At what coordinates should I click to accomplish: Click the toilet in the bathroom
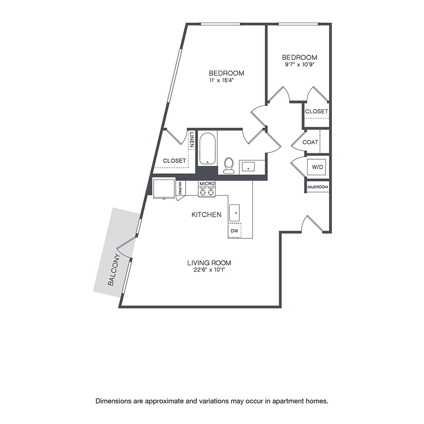pyautogui.click(x=229, y=165)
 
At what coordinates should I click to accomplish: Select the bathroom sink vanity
pyautogui.click(x=248, y=166)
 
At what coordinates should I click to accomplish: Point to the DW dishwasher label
pyautogui.click(x=235, y=231)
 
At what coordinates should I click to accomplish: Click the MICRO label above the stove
pyautogui.click(x=207, y=183)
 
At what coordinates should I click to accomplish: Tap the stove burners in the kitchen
pyautogui.click(x=207, y=191)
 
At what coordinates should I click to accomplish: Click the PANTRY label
pyautogui.click(x=180, y=188)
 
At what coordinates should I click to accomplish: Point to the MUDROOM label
pyautogui.click(x=318, y=187)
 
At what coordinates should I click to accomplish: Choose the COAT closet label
pyautogui.click(x=310, y=142)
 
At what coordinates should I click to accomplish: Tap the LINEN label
pyautogui.click(x=192, y=140)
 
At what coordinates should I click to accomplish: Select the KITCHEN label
pyautogui.click(x=206, y=215)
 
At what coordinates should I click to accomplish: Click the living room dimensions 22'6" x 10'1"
pyautogui.click(x=208, y=270)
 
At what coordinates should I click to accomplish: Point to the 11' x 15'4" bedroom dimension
pyautogui.click(x=221, y=81)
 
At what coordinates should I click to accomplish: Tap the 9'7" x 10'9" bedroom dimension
pyautogui.click(x=299, y=65)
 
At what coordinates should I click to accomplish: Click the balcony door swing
pyautogui.click(x=126, y=247)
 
